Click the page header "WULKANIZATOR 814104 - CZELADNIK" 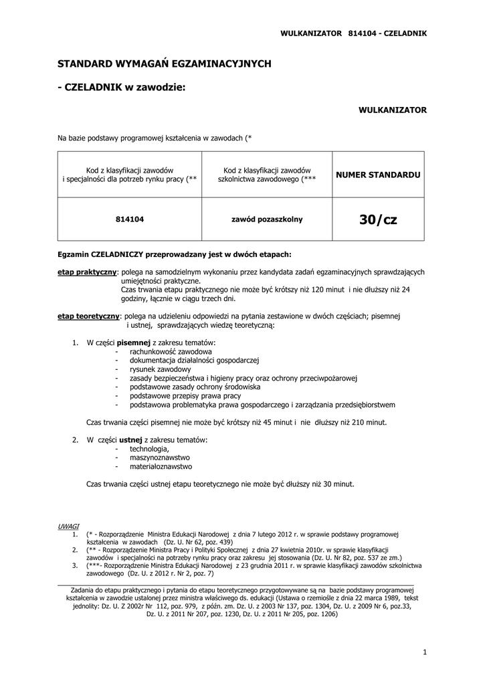pos(353,33)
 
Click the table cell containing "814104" pos(130,219)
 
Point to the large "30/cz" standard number pos(378,219)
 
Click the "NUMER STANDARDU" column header pos(378,175)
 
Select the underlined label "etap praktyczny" pos(86,272)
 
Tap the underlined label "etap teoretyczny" pos(88,316)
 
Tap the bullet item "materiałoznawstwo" pos(161,466)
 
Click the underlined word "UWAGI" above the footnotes pos(68,526)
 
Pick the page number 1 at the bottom pos(425,652)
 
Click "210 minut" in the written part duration pos(370,423)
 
